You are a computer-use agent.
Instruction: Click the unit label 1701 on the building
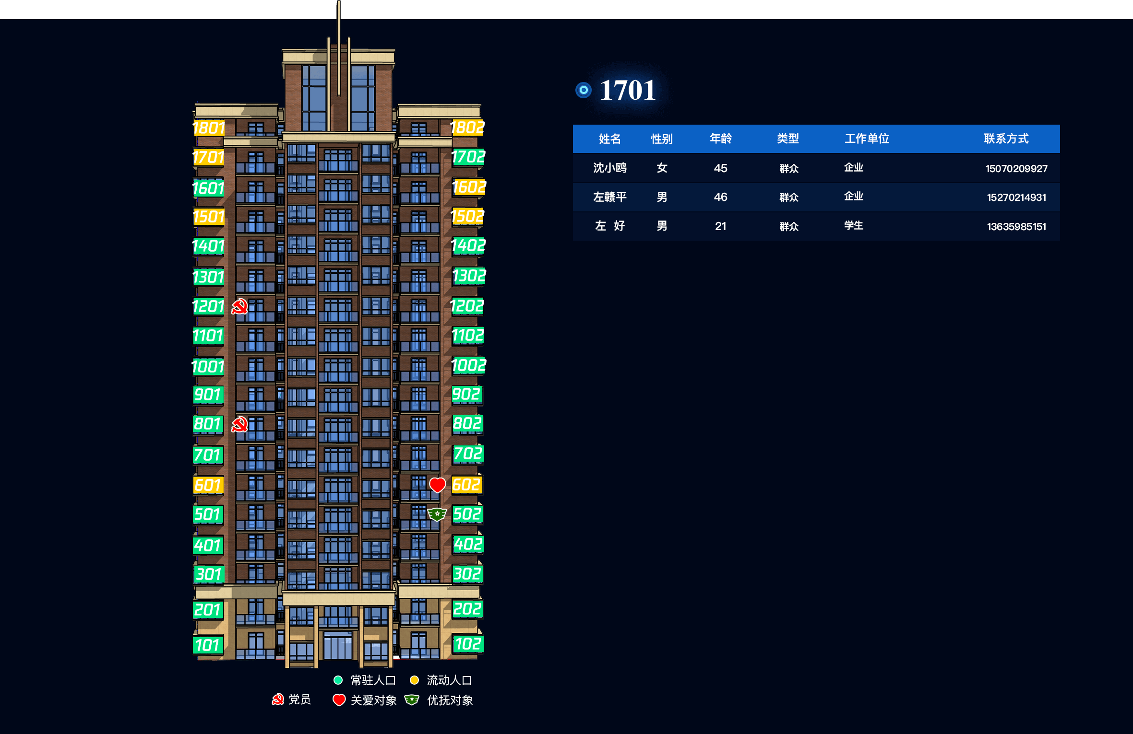[x=208, y=157]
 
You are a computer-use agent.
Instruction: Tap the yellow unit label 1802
[x=467, y=128]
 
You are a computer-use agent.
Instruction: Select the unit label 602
[x=467, y=485]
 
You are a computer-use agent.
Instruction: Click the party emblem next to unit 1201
[x=239, y=306]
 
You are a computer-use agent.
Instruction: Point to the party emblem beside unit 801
[x=239, y=424]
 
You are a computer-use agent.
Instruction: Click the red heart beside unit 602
[x=437, y=485]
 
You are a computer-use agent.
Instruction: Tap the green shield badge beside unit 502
[x=437, y=514]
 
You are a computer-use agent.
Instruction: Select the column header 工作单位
[x=867, y=139]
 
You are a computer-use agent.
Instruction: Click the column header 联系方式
[x=1006, y=139]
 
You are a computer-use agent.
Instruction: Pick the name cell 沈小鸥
[x=610, y=168]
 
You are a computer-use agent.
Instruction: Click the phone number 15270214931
[x=1016, y=198]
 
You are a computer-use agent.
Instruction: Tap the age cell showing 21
[x=720, y=226]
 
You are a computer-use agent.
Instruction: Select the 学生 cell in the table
[x=854, y=225]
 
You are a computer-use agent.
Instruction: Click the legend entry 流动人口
[x=449, y=680]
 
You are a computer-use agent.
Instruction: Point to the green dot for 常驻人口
[x=338, y=680]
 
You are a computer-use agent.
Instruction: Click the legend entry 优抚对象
[x=450, y=700]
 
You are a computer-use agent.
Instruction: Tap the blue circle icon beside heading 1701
[x=584, y=90]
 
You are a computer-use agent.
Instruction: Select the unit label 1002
[x=469, y=366]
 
